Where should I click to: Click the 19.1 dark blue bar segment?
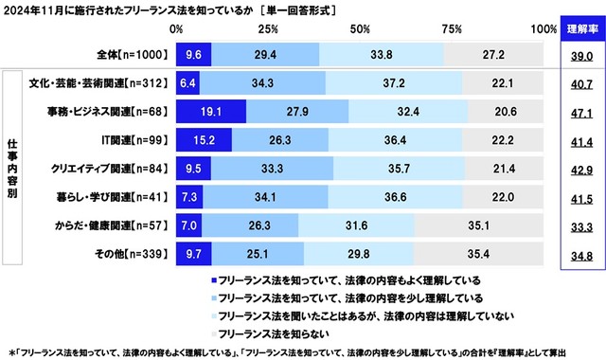[x=210, y=111]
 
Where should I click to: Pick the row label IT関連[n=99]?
[x=136, y=140]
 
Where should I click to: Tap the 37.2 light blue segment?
[x=394, y=82]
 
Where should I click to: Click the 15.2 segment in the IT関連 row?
[x=204, y=140]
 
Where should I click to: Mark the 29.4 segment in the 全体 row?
[x=265, y=55]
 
